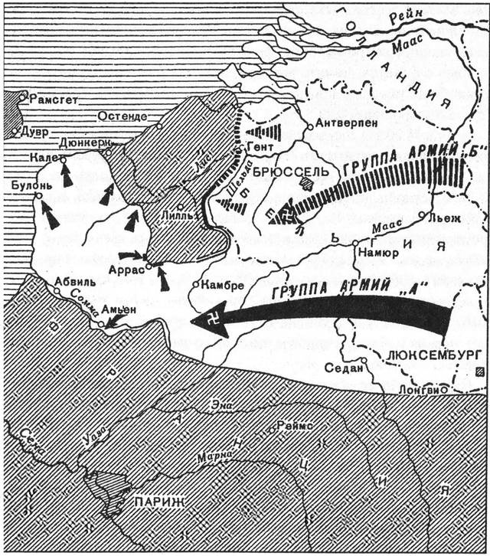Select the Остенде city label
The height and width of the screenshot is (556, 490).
(x=122, y=116)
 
